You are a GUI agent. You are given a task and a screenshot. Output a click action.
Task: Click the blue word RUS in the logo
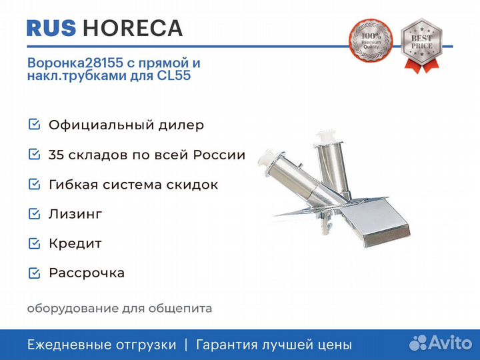(51, 28)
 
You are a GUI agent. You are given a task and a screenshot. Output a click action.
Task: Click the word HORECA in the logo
(133, 28)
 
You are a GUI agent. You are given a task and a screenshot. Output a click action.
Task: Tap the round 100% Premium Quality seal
(371, 41)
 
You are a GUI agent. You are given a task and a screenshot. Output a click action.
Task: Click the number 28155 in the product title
(103, 63)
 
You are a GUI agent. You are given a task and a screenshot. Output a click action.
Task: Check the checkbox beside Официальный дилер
(34, 124)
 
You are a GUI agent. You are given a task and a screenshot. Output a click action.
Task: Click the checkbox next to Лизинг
(34, 214)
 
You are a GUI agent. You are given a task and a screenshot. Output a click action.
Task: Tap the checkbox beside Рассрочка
(34, 273)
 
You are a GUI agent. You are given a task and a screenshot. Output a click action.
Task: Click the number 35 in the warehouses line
(56, 155)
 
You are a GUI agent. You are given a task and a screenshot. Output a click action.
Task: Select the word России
(219, 155)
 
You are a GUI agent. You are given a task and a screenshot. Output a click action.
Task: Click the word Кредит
(75, 244)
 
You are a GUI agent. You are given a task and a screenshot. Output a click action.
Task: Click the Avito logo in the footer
(440, 343)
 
